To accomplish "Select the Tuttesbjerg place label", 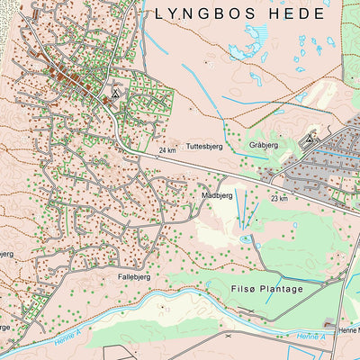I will (x=203, y=145).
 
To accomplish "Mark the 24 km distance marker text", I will (x=166, y=151).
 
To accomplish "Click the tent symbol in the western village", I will (x=114, y=91).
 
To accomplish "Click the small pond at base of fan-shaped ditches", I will (x=245, y=238).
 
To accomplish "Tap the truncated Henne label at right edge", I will (x=348, y=330).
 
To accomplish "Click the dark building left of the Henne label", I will (x=330, y=325).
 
